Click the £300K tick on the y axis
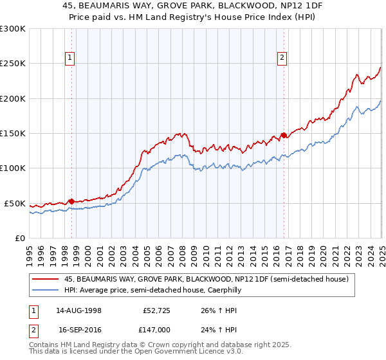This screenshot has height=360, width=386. tap(13, 29)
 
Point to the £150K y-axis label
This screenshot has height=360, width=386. tap(13, 134)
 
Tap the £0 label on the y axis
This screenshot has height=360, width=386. tap(19, 238)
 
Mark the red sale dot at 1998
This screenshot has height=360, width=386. tap(71, 201)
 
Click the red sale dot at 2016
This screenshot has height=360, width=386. tap(284, 136)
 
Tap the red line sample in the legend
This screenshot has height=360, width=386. tap(46, 279)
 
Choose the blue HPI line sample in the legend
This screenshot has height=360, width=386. tap(46, 291)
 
